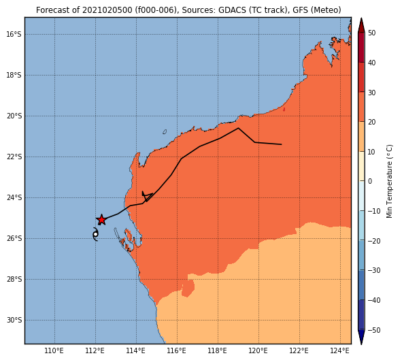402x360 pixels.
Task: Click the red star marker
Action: [x=101, y=220]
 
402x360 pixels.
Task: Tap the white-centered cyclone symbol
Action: [x=95, y=234]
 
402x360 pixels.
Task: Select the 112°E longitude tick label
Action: [x=95, y=350]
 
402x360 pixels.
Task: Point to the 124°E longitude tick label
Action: [x=340, y=350]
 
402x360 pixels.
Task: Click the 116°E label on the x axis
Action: [x=177, y=350]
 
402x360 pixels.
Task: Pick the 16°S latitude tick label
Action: [x=14, y=34]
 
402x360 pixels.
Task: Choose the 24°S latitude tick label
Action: [x=14, y=197]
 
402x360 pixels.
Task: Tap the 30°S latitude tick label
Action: [x=14, y=321]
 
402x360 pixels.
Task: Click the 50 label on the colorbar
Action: [x=372, y=33]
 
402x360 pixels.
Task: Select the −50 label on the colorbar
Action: [x=374, y=330]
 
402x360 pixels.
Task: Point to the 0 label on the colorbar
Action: [x=370, y=181]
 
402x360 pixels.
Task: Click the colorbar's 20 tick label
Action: [x=372, y=122]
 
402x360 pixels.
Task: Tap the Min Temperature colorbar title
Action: [x=389, y=181]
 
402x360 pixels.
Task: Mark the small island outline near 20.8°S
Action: [x=165, y=132]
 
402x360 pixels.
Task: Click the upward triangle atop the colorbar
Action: [x=361, y=25]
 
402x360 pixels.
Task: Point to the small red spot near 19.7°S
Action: [x=284, y=110]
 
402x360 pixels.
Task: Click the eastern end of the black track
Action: [x=282, y=144]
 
